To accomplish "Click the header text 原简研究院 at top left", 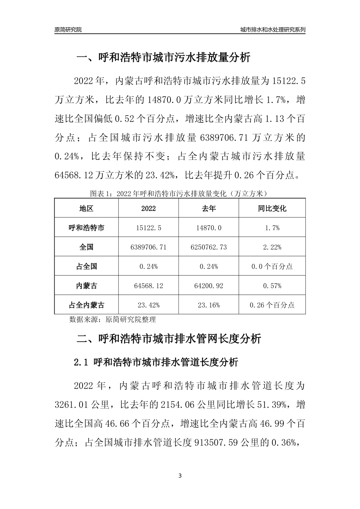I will click(x=68, y=30).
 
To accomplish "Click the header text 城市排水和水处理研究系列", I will click(x=273, y=30).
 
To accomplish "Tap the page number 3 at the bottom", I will click(x=180, y=476).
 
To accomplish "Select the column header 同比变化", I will click(x=272, y=209).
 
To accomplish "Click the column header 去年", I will click(x=209, y=209).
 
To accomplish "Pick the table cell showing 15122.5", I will click(x=149, y=228).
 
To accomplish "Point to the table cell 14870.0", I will click(x=209, y=228).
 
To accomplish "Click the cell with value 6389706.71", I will click(x=149, y=247).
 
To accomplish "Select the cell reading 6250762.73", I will click(x=209, y=247).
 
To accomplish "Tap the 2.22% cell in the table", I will click(x=272, y=247).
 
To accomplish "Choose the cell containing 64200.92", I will click(x=209, y=286).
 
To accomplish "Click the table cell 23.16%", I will click(x=209, y=305).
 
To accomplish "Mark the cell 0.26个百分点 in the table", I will click(x=272, y=305).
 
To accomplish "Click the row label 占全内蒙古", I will click(x=86, y=305).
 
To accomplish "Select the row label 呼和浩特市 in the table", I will click(x=86, y=228).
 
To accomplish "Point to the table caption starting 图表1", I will click(x=179, y=194).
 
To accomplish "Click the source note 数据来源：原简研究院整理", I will click(x=113, y=319).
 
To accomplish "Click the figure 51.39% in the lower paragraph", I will click(x=273, y=405).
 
